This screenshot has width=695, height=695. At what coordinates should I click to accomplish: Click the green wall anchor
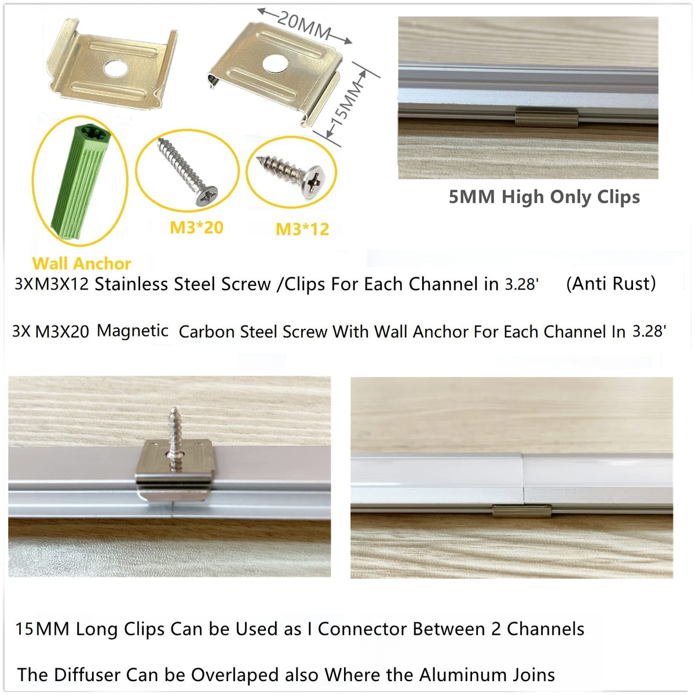click(81, 181)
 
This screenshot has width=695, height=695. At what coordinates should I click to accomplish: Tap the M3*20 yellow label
click(196, 228)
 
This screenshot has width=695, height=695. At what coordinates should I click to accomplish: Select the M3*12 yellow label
click(302, 229)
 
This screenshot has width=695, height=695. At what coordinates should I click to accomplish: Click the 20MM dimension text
click(304, 24)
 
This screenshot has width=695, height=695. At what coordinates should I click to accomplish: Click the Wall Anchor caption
click(82, 264)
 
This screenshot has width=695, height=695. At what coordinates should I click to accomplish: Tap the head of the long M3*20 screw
click(206, 196)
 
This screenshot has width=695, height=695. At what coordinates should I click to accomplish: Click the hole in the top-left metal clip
click(115, 68)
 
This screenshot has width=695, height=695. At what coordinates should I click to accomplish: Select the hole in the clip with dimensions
click(275, 64)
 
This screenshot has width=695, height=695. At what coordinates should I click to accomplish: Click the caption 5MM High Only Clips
click(544, 197)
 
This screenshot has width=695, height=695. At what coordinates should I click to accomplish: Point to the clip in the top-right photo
click(546, 117)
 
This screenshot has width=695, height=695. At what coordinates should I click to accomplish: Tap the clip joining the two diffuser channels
click(522, 511)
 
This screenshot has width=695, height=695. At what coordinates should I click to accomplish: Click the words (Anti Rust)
click(610, 283)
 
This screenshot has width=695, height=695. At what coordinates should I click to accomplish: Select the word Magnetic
click(133, 331)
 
